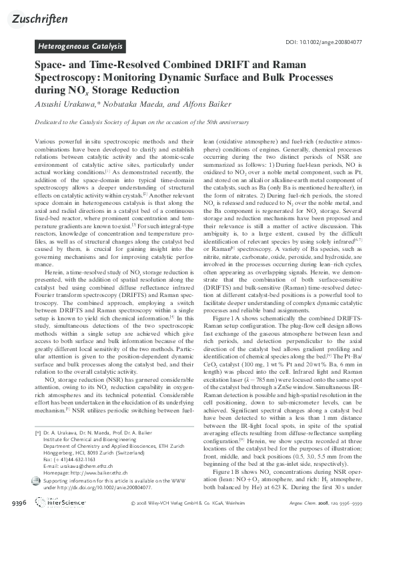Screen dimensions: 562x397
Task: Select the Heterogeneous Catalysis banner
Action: [x=80, y=47]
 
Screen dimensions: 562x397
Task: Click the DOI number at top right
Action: [x=323, y=42]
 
